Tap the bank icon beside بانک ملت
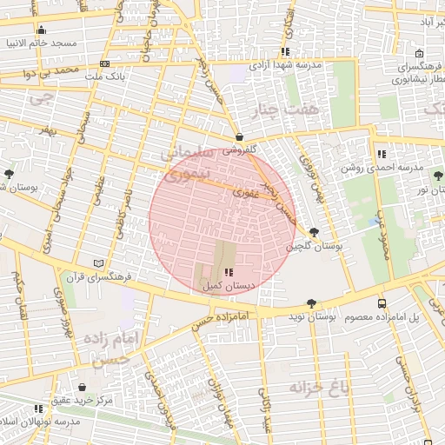tap(105, 63)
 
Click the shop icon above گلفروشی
tap(238, 136)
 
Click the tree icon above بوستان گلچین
tap(313, 232)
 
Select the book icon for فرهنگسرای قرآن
tap(98, 263)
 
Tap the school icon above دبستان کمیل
tap(229, 272)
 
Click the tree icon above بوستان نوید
tap(311, 303)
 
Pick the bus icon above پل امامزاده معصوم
tap(382, 303)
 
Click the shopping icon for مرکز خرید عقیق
tap(82, 388)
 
